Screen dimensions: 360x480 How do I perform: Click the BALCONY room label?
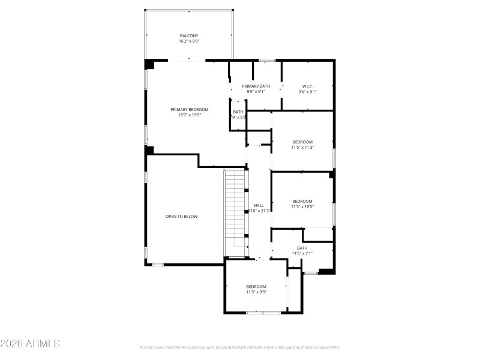[189, 35]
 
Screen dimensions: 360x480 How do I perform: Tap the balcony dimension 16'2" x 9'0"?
[189, 41]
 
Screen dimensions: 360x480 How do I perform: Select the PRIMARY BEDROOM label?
[189, 109]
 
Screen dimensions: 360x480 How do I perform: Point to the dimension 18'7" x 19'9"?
[189, 115]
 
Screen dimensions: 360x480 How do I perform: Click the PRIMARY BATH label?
[256, 86]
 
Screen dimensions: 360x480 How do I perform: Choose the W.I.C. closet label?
[308, 86]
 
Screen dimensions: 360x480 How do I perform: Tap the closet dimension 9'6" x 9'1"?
[308, 92]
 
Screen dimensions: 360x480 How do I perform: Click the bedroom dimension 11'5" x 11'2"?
[302, 147]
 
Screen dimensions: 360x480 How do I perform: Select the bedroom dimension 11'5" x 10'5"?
[302, 206]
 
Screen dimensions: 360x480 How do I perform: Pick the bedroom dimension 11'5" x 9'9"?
[256, 292]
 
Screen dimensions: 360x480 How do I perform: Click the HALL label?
[259, 205]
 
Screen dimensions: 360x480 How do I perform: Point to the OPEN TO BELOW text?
[181, 216]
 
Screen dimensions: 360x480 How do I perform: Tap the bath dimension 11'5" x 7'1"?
[302, 253]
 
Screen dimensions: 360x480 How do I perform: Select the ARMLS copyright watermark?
[30, 344]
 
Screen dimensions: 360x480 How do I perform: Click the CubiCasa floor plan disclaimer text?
[240, 347]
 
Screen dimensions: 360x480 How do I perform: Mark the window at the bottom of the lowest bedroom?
[264, 313]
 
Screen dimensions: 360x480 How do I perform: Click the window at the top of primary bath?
[267, 60]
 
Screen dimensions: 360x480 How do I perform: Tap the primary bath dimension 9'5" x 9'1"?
[256, 92]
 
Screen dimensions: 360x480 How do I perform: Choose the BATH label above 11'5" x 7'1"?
[302, 248]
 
